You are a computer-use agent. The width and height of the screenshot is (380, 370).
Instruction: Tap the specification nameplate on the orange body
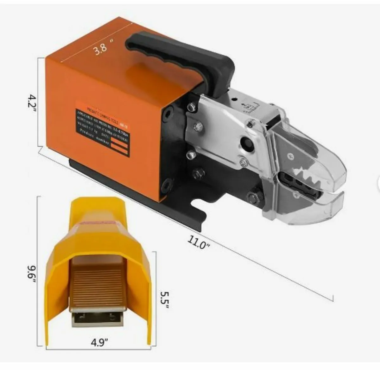[102, 128]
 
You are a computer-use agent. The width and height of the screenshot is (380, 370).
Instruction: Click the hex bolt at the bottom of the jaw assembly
[253, 198]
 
